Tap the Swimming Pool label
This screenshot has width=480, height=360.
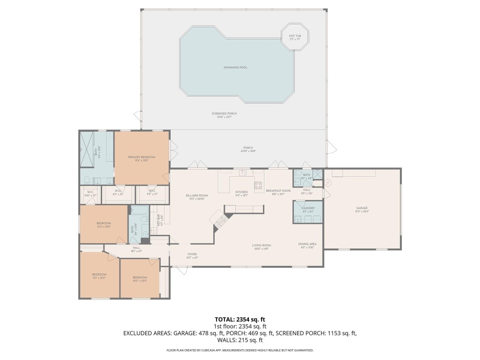click(x=235, y=67)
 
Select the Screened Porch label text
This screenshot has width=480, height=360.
click(x=226, y=115)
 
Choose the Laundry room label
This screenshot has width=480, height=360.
click(x=308, y=208)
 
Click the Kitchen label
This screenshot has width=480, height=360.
click(x=241, y=193)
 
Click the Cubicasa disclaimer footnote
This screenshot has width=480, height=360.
click(x=240, y=350)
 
